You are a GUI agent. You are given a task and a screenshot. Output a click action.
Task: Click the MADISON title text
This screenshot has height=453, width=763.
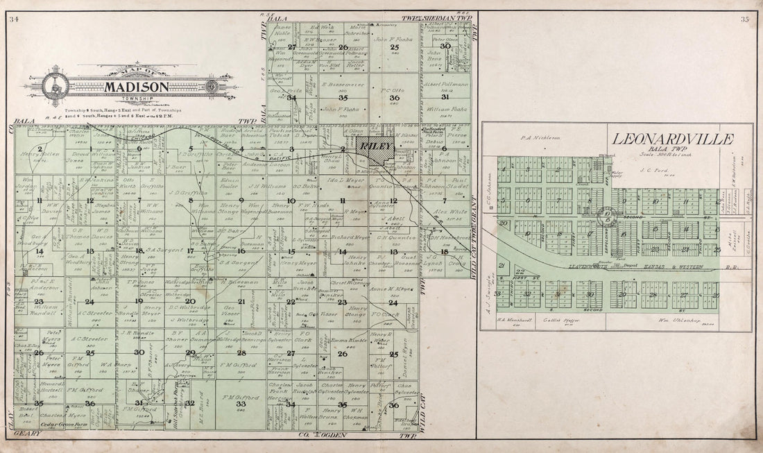[137, 87]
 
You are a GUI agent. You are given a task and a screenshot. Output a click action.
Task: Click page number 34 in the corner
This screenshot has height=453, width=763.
[15, 19]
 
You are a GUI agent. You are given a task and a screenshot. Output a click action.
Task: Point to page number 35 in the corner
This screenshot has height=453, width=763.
[745, 19]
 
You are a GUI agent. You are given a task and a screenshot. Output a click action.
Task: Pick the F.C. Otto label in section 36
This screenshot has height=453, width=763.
[393, 89]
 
